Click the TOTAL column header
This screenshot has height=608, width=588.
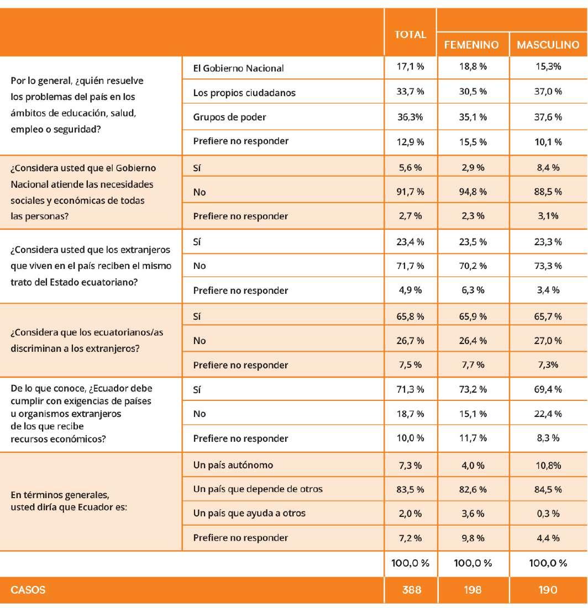click(410, 34)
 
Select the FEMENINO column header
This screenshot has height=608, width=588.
click(471, 45)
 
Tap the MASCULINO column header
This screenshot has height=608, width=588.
click(548, 45)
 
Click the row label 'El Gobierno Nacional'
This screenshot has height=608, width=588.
click(238, 68)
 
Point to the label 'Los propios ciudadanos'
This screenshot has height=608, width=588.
click(244, 93)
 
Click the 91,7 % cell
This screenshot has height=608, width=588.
click(410, 192)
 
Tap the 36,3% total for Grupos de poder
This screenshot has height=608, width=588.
click(410, 117)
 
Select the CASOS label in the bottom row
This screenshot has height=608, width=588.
click(28, 590)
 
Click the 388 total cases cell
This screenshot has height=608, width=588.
click(410, 590)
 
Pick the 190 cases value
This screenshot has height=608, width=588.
click(548, 590)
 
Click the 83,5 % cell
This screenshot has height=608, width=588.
click(410, 489)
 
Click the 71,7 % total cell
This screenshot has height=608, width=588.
click(410, 266)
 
